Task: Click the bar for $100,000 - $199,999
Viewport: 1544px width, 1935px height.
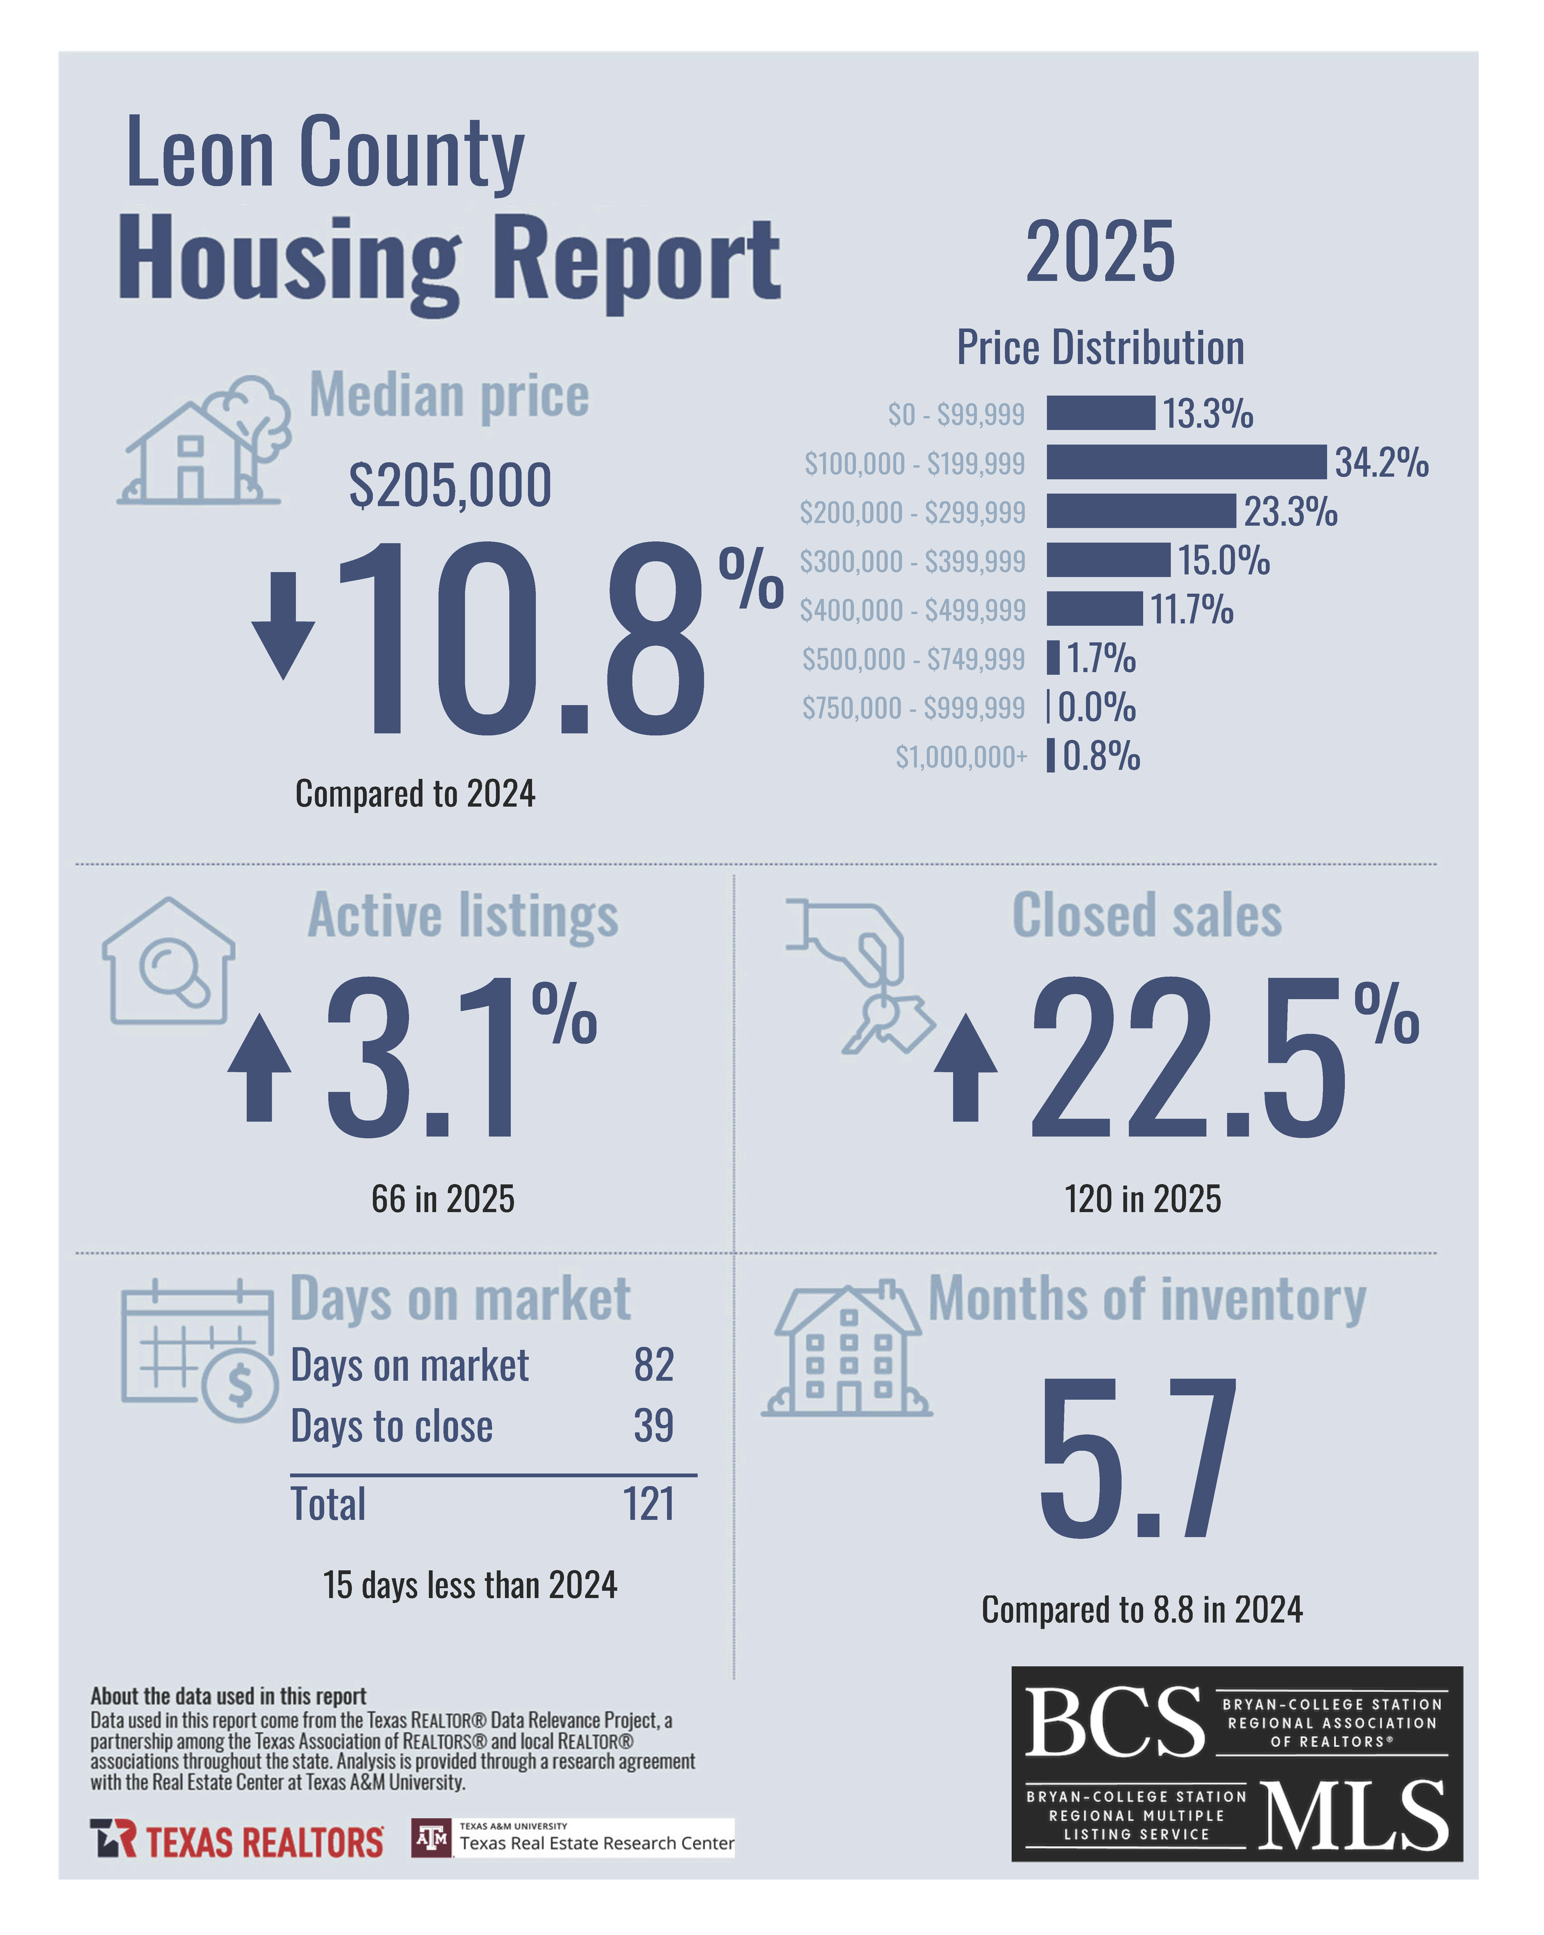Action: click(x=1185, y=462)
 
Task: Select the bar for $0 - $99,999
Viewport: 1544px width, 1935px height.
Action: click(x=1100, y=413)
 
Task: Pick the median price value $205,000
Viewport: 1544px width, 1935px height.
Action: click(x=450, y=485)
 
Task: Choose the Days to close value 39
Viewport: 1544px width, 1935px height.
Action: click(x=653, y=1425)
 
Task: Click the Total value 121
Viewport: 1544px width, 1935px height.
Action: click(x=649, y=1504)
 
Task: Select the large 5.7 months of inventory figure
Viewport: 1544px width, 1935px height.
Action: click(x=1138, y=1458)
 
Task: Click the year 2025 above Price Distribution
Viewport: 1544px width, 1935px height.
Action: click(x=1100, y=252)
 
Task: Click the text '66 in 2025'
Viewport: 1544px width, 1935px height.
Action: click(x=443, y=1199)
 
